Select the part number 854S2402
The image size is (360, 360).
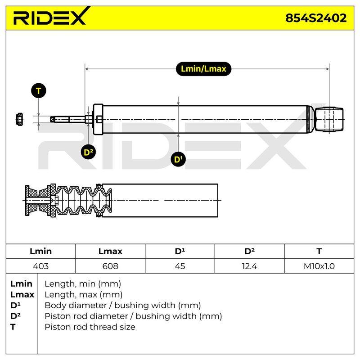pos(316,18)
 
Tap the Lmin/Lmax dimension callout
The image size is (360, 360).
pos(203,69)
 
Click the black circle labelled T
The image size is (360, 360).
pos(39,91)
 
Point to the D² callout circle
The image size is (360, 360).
pos(88,152)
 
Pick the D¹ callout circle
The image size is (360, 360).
pos(178,159)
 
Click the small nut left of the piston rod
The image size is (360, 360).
pos(19,119)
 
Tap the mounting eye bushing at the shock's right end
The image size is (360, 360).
pos(329,119)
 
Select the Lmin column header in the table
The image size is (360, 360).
pos(40,251)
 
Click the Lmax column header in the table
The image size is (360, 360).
pos(110,251)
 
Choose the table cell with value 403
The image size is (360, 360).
pos(40,266)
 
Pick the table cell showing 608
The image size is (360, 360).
pos(110,266)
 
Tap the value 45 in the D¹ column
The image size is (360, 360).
pos(180,266)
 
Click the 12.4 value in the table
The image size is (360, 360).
pos(249,266)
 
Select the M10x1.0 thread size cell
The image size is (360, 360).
pos(319,266)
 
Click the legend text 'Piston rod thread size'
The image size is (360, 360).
pos(90,327)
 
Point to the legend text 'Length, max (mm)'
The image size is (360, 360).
pos(84,294)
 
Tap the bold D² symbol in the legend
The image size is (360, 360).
pos(15,316)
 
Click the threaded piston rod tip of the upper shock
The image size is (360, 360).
pos(60,119)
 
